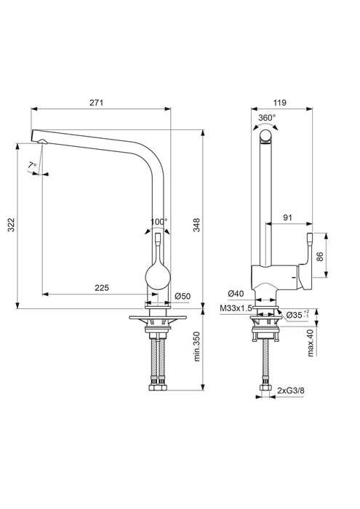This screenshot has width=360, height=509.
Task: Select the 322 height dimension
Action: pyautogui.click(x=11, y=225)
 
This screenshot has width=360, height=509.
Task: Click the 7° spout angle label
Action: pyautogui.click(x=31, y=167)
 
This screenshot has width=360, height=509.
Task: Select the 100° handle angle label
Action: pyautogui.click(x=159, y=221)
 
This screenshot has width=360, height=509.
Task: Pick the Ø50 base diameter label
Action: pyautogui.click(x=183, y=296)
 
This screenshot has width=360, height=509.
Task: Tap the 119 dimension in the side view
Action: pyautogui.click(x=278, y=103)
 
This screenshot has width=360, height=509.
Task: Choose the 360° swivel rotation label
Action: pyautogui.click(x=266, y=116)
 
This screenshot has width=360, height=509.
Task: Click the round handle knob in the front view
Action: pyautogui.click(x=158, y=275)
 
